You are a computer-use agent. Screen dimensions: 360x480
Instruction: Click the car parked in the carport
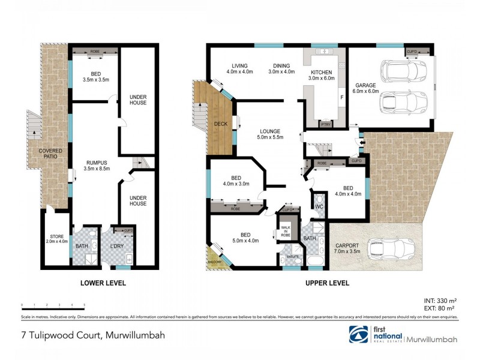(390, 248)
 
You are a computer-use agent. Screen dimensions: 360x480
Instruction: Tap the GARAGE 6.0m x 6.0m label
(365, 88)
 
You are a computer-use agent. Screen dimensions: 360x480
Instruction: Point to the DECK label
(220, 124)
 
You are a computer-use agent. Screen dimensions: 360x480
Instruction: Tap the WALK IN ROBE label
(285, 231)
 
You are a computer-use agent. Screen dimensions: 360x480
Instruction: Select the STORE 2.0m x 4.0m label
(56, 238)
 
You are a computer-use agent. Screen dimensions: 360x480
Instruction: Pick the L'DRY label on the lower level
(116, 246)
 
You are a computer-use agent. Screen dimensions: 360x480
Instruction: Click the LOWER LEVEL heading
(103, 283)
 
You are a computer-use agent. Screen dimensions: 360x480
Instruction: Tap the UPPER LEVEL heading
(328, 283)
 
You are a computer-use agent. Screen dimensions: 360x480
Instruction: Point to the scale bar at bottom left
(53, 306)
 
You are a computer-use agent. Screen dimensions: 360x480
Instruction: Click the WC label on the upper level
(319, 207)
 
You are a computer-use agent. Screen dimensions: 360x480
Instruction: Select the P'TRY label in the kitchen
(326, 124)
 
